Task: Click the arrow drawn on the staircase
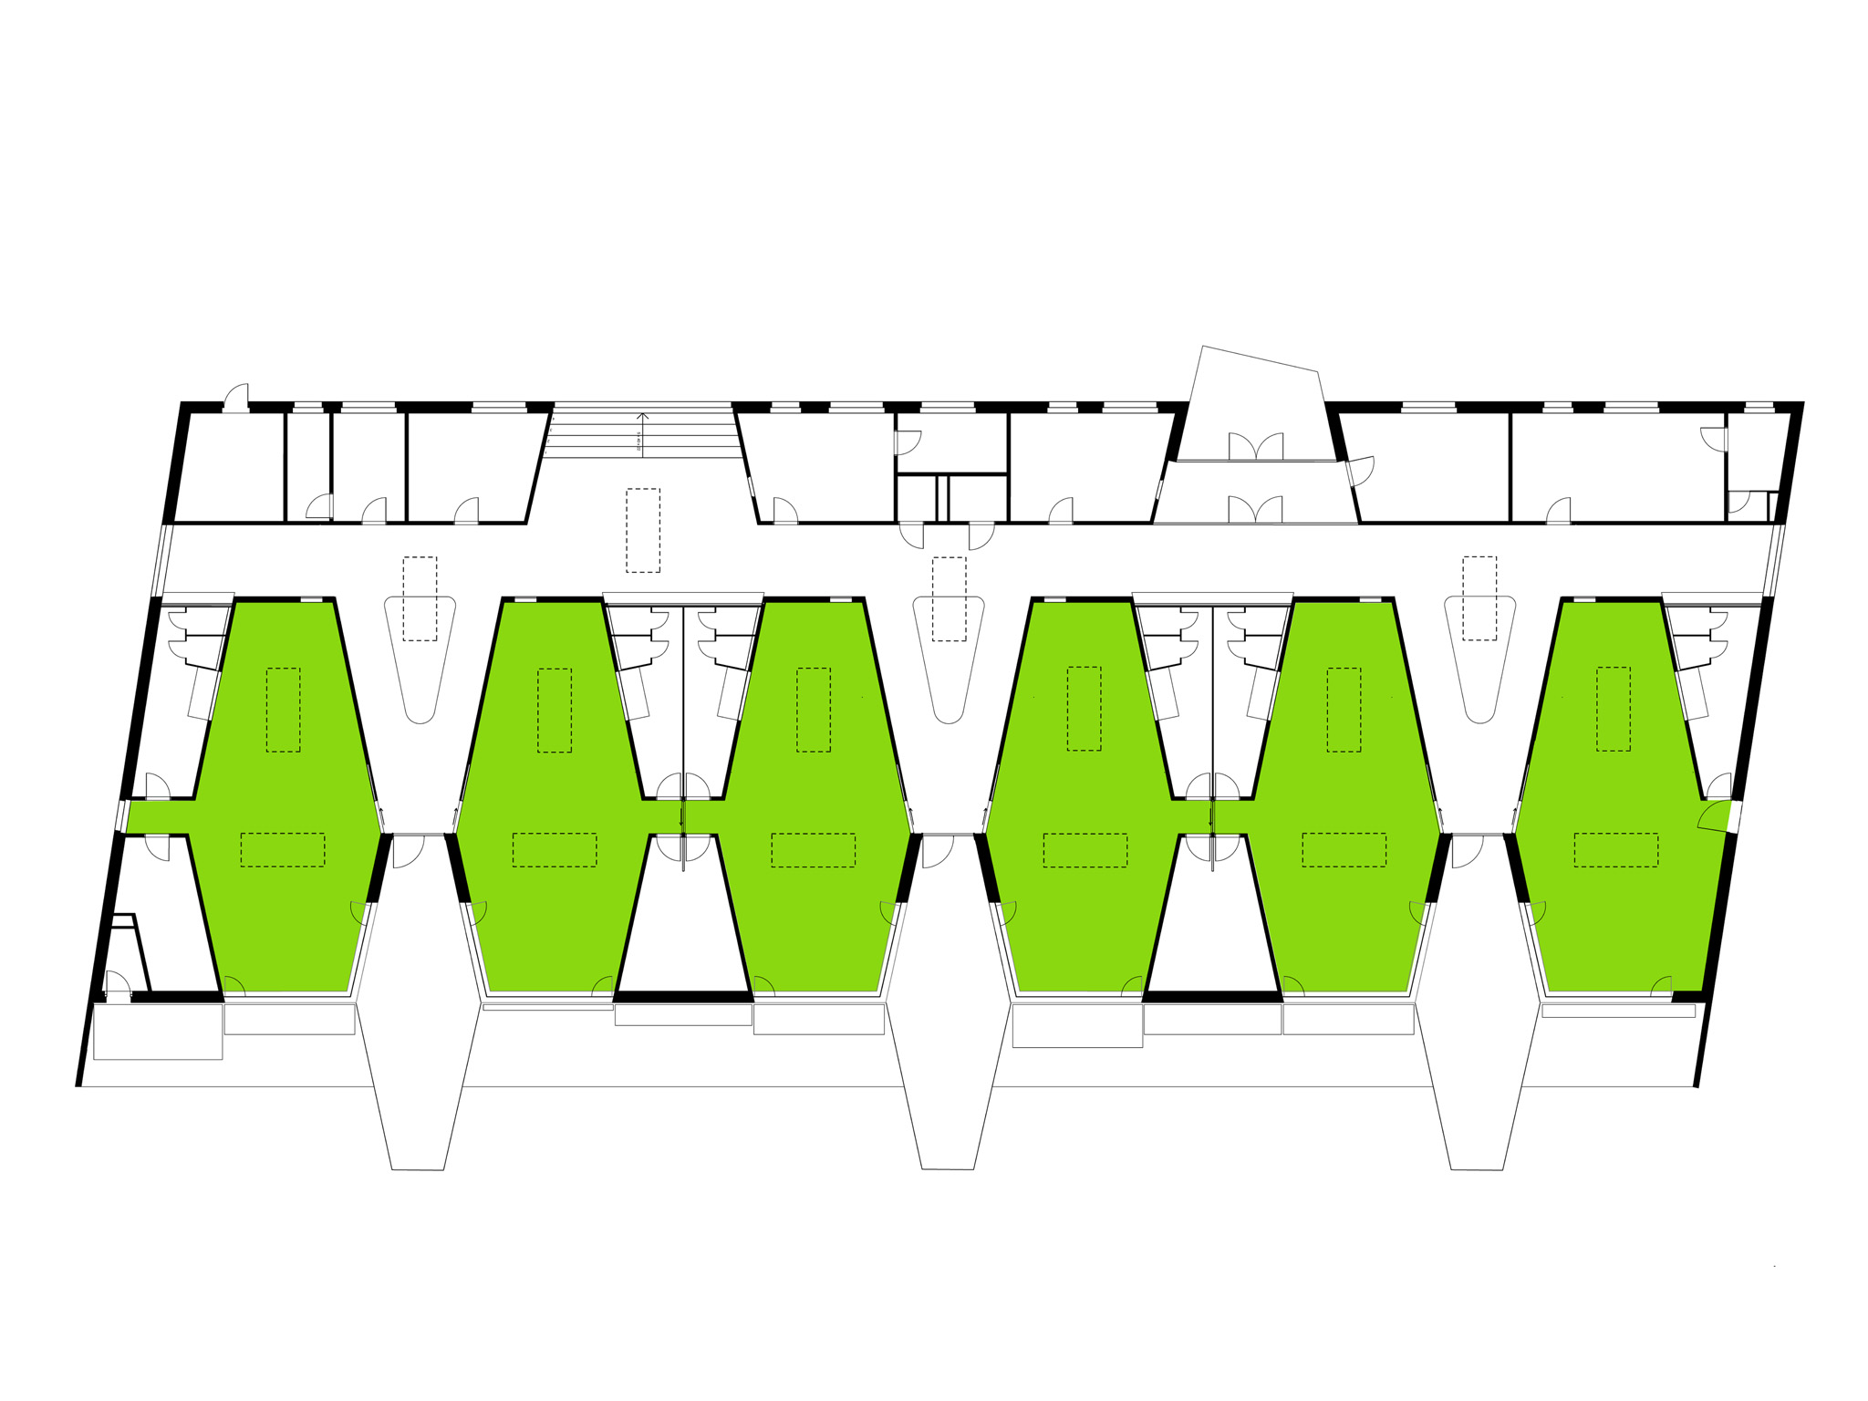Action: pyautogui.click(x=642, y=431)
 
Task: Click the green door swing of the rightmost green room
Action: pyautogui.click(x=1715, y=815)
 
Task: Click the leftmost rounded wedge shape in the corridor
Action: pyautogui.click(x=420, y=657)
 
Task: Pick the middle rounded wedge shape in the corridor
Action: pyautogui.click(x=949, y=657)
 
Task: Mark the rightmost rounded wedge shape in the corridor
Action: pyautogui.click(x=1479, y=657)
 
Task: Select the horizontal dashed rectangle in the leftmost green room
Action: pyautogui.click(x=283, y=849)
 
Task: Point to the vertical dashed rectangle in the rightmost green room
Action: pyautogui.click(x=1613, y=709)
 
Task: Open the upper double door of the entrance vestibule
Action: pyautogui.click(x=1256, y=447)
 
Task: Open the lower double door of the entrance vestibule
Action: pyautogui.click(x=1256, y=510)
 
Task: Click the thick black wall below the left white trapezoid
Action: pyautogui.click(x=684, y=996)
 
